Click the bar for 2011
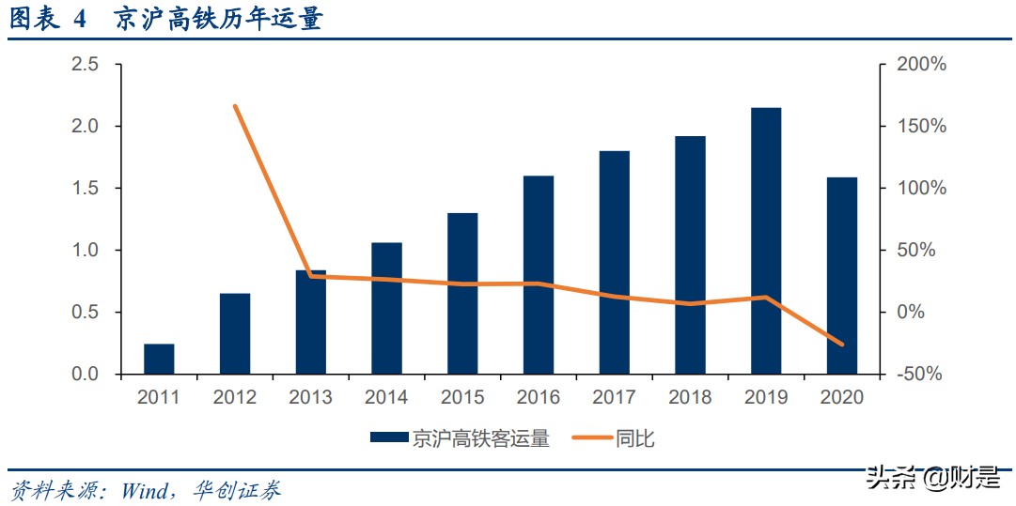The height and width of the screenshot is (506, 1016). tap(159, 359)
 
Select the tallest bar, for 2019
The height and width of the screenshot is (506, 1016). tap(766, 241)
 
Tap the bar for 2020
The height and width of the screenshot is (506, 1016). tap(842, 275)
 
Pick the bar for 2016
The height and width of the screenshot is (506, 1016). tap(539, 275)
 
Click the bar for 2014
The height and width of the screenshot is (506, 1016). tap(386, 308)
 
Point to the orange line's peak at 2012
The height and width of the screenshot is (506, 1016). tap(235, 106)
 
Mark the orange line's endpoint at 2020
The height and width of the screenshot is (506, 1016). tap(842, 345)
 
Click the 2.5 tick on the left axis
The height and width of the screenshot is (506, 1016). tap(85, 65)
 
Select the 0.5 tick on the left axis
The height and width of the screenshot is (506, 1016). tap(85, 313)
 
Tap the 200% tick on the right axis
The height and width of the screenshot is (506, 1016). tap(921, 65)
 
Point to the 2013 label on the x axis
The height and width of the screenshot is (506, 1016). tap(310, 398)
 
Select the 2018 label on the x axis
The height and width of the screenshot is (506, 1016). tap(690, 398)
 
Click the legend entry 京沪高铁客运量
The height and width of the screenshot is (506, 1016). tap(479, 437)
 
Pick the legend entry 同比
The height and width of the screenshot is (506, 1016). tap(635, 437)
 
